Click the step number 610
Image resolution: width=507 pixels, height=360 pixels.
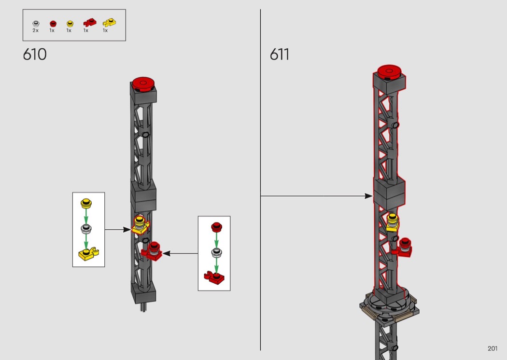[35, 55]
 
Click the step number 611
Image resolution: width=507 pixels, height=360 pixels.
[280, 55]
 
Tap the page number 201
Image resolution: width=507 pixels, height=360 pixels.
[493, 348]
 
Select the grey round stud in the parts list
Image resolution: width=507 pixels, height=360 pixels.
[36, 23]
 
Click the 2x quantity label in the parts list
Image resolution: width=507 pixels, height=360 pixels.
[36, 30]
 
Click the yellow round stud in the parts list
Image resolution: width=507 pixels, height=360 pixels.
[69, 23]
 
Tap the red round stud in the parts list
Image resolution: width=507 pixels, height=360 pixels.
[52, 23]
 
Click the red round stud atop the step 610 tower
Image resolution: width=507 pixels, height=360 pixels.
[143, 82]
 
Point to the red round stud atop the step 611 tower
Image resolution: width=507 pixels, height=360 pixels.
[391, 71]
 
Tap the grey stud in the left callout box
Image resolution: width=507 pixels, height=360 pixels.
[86, 228]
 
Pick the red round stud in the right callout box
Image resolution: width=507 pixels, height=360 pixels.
[216, 226]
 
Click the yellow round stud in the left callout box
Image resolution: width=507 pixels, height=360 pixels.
[86, 202]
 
